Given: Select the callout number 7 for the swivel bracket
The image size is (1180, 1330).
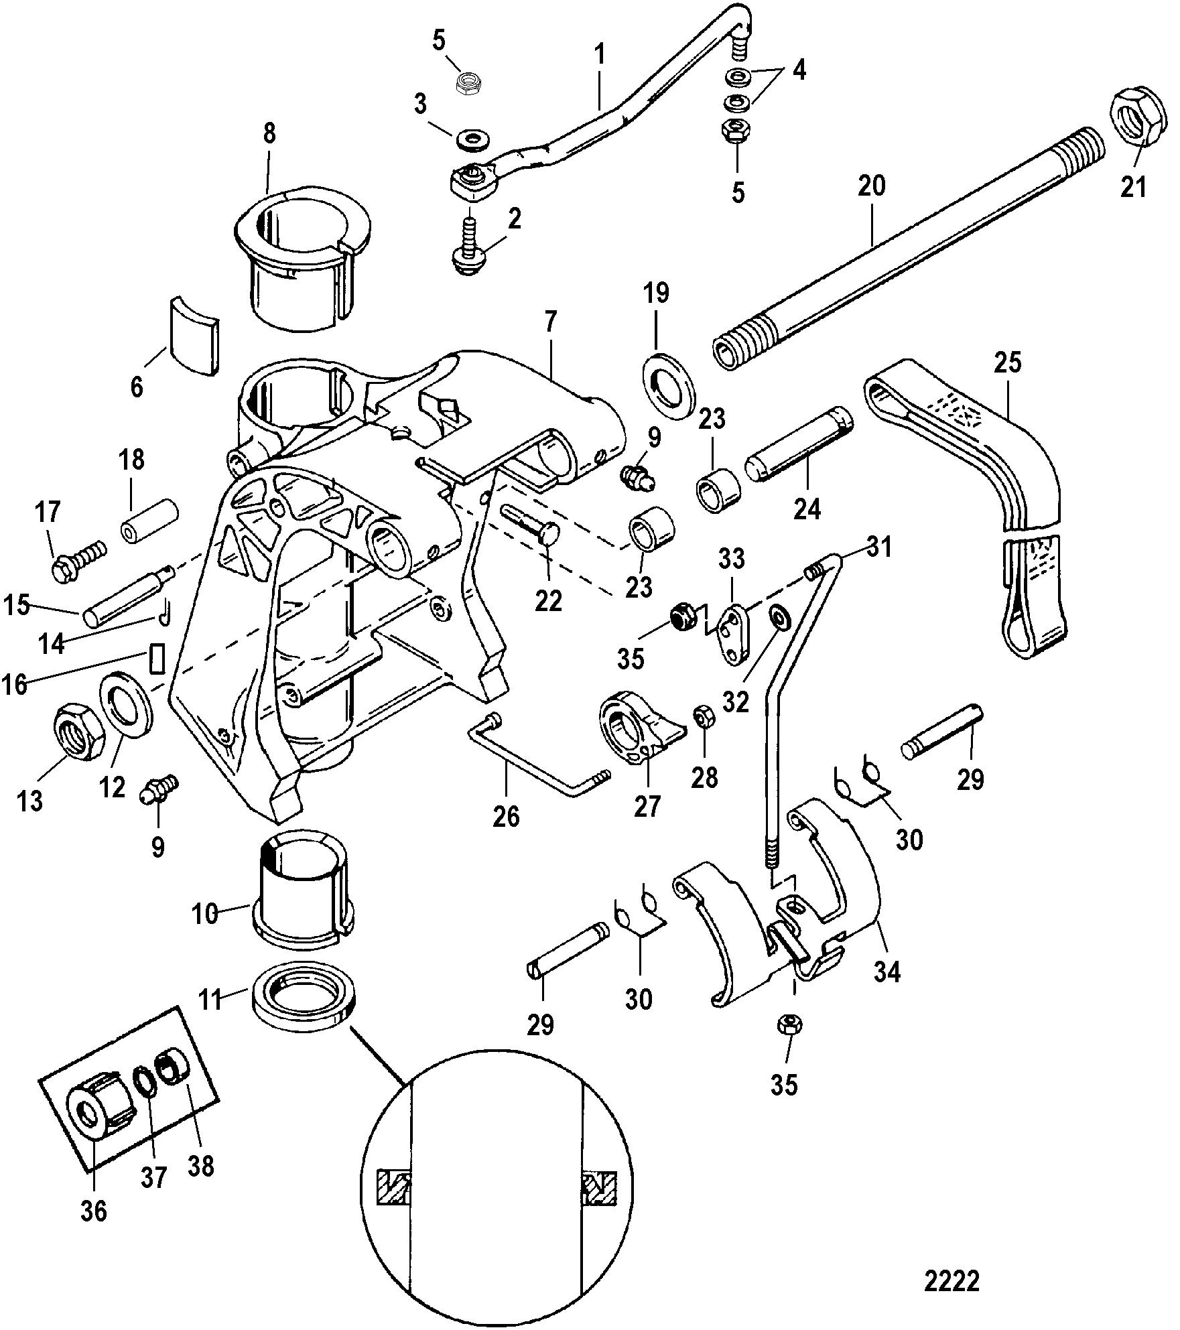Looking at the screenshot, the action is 550,324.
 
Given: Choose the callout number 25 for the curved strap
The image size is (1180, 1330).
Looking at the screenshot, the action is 1008,362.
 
